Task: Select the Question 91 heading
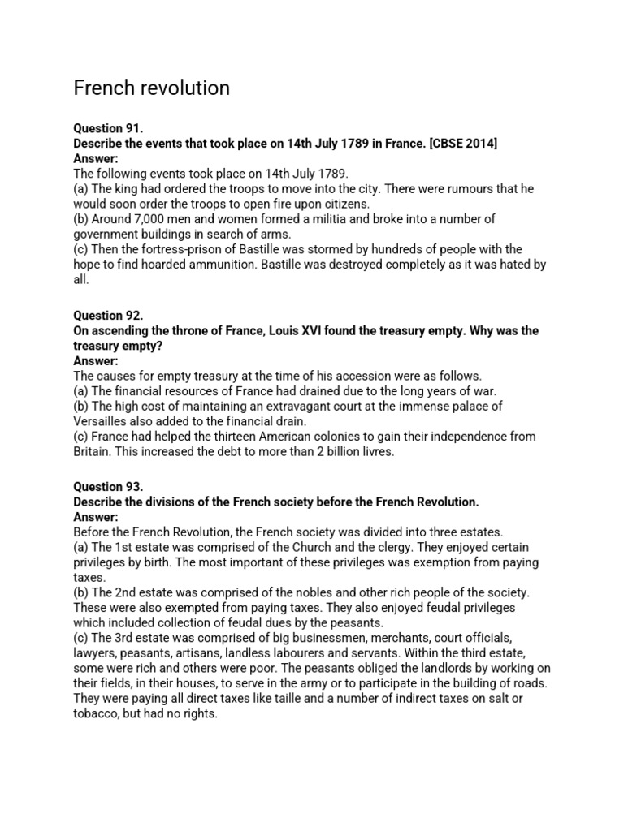108,129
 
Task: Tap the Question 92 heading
108,316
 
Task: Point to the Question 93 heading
108,488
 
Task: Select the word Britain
94,451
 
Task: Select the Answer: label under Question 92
96,361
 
